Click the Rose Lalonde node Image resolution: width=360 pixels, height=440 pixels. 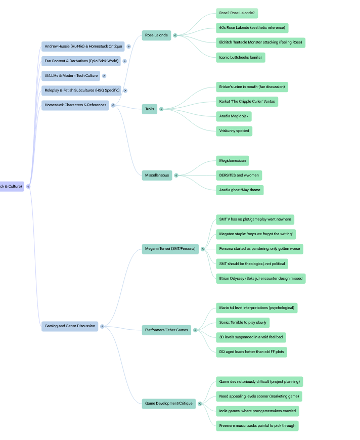tap(156, 35)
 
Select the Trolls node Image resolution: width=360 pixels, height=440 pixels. tap(150, 109)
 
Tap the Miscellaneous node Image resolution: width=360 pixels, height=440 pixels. tap(157, 175)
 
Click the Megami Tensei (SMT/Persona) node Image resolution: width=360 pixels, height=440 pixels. tap(170, 249)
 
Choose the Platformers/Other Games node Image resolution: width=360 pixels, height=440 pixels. tap(166, 330)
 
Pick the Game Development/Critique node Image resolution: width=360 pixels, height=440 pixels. tap(168, 404)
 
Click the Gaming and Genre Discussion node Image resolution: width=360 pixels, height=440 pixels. tap(70, 326)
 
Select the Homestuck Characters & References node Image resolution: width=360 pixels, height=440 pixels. tap(75, 105)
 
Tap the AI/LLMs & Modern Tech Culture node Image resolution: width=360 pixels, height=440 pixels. tap(71, 76)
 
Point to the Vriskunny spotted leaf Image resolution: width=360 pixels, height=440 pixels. tap(234, 131)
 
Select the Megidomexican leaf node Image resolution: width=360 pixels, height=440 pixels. tap(232, 161)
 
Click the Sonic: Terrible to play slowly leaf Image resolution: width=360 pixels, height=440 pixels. tap(243, 323)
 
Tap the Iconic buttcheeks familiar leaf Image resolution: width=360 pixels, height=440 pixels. tap(241, 58)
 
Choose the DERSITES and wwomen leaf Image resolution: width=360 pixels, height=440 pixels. tap(239, 175)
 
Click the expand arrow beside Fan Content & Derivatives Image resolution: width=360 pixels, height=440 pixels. tap(125, 61)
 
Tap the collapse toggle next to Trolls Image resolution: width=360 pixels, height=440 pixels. tap(161, 109)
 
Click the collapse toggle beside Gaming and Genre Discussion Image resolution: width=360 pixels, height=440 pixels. tap(102, 326)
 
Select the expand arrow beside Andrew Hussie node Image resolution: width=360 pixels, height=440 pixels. tap(129, 47)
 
